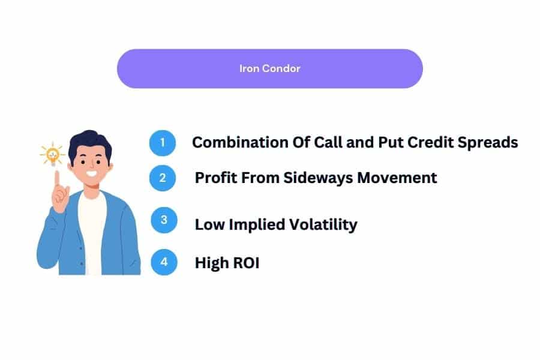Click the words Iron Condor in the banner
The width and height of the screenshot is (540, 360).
click(x=269, y=68)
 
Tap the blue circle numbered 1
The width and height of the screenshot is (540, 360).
click(x=163, y=143)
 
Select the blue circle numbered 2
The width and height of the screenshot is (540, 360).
click(x=163, y=178)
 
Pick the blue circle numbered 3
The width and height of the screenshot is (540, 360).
click(x=164, y=220)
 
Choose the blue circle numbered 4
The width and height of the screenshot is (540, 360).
click(x=164, y=262)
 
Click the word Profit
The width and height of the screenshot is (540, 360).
click(x=215, y=178)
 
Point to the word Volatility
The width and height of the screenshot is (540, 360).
click(x=323, y=225)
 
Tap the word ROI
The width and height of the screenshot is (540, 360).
click(x=246, y=263)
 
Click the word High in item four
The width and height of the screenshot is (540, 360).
click(x=212, y=263)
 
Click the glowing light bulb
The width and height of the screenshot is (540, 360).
click(x=53, y=154)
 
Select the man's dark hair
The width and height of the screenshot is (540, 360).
click(x=90, y=144)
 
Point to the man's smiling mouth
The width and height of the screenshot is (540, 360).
click(x=92, y=173)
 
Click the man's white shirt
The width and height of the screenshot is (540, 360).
click(x=92, y=234)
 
